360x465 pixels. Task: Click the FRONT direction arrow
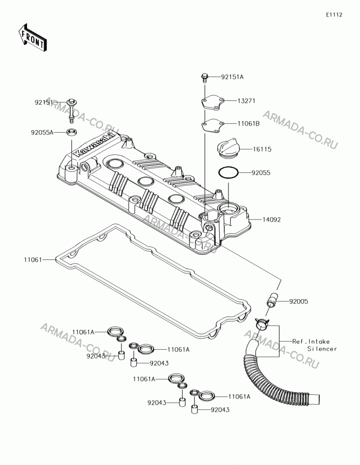[33, 37]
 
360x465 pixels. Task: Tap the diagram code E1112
[334, 15]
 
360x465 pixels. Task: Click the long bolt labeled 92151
[72, 112]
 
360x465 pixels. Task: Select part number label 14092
[272, 220]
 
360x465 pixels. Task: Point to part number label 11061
[33, 260]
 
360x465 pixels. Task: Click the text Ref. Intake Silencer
[314, 345]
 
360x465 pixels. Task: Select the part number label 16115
[262, 149]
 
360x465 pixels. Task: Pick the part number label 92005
[299, 302]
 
